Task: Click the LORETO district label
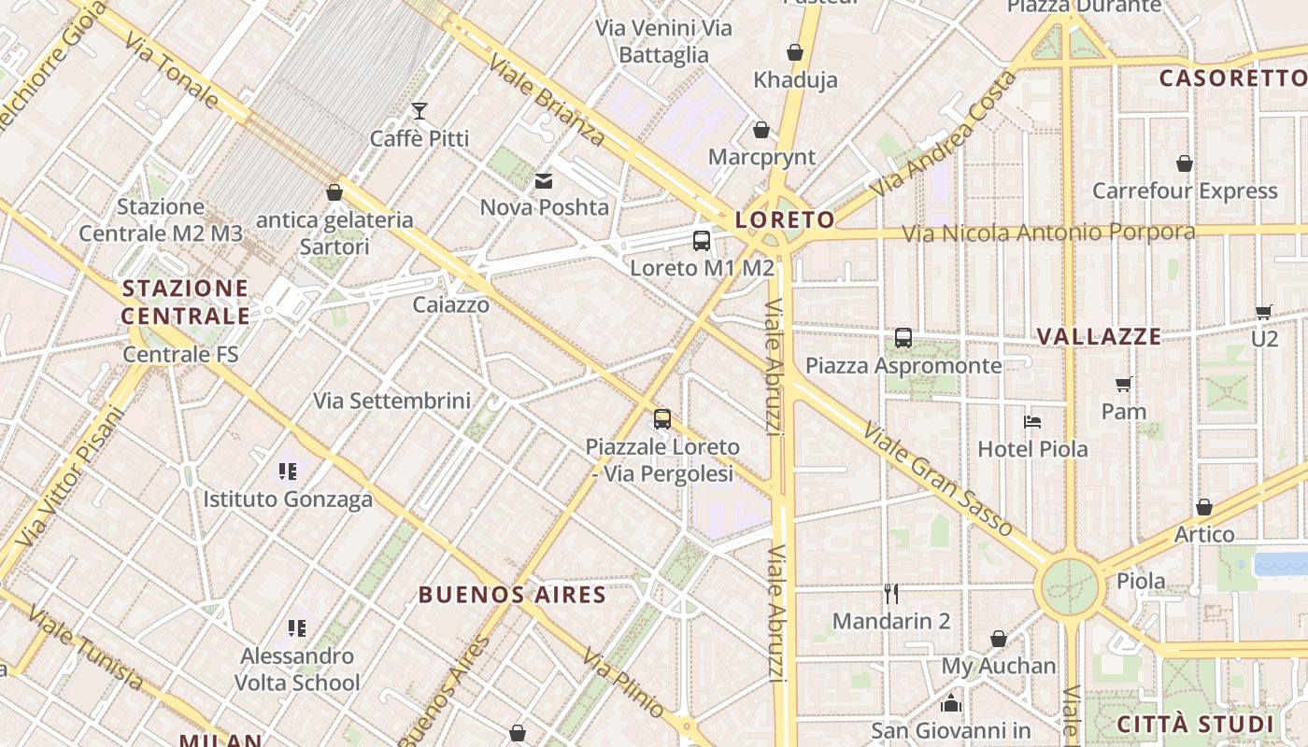pos(785,219)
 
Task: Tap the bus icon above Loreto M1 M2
pos(702,241)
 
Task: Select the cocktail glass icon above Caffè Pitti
pos(419,111)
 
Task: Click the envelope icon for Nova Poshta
pos(544,180)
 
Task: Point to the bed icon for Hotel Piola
pos(1032,422)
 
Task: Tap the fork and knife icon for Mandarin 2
pos(891,594)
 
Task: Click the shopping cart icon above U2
pos(1264,313)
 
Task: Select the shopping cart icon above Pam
pos(1124,384)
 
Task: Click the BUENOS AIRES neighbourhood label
pos(512,595)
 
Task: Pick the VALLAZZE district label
pos(1100,337)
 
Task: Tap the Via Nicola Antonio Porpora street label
pos(1048,232)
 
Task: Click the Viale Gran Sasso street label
pos(937,479)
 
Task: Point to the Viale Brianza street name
pos(547,100)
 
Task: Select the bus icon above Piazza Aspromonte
pos(903,338)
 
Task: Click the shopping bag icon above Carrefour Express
pos(1185,163)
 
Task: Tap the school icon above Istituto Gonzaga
pos(288,472)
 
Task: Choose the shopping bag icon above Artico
pos(1204,507)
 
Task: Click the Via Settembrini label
pos(391,402)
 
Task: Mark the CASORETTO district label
pos(1232,78)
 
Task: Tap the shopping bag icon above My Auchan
pos(999,639)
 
